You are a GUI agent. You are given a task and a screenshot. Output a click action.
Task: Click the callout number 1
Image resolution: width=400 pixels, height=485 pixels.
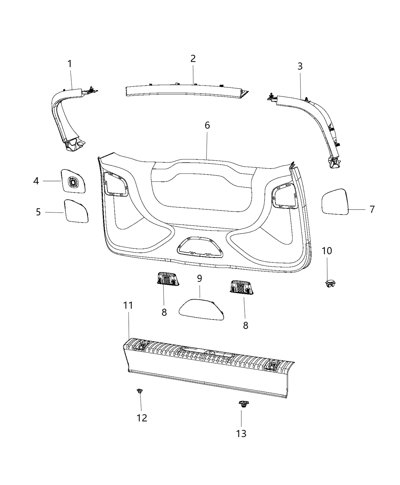(70, 64)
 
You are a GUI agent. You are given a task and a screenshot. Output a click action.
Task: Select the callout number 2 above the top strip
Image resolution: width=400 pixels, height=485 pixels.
(193, 59)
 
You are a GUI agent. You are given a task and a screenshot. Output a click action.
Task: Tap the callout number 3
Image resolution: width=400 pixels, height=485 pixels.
(300, 66)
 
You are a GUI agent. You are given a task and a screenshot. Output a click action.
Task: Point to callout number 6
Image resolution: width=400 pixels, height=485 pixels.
(207, 126)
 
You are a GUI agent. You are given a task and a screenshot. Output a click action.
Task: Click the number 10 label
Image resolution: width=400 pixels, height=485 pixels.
(327, 251)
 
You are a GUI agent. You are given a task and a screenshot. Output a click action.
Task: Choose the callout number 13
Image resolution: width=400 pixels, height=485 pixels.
(241, 433)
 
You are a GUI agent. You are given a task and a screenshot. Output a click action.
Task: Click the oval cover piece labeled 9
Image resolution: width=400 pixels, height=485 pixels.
(201, 307)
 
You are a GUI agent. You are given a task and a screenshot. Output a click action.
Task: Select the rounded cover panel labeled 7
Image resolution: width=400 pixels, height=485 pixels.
(336, 201)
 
